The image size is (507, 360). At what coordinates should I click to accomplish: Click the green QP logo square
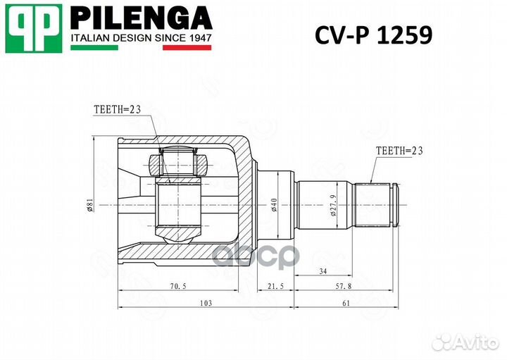33,28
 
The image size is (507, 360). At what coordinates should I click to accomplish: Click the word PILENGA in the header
142,17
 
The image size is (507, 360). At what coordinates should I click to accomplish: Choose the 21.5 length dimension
275,287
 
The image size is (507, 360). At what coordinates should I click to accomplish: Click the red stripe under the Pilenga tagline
187,48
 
